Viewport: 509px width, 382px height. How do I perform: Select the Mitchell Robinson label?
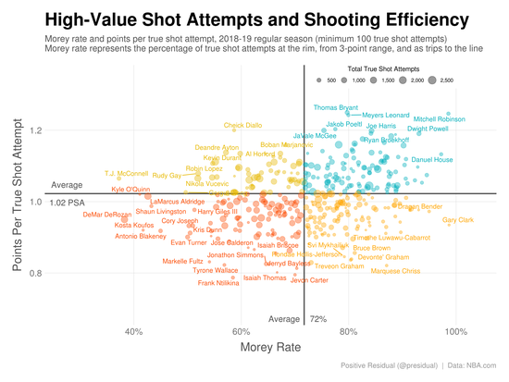(x=439, y=119)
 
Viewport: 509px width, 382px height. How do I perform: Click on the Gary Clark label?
(x=458, y=220)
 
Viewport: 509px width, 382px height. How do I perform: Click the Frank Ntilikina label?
(x=218, y=283)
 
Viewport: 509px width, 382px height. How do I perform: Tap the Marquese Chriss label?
(x=395, y=272)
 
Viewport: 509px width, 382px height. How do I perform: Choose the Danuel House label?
(x=431, y=160)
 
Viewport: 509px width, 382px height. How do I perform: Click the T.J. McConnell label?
(x=126, y=173)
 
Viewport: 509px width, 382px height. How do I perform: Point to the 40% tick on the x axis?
(x=133, y=331)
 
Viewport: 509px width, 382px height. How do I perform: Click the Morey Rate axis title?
(x=268, y=348)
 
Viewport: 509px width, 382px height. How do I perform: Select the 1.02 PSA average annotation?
(x=67, y=203)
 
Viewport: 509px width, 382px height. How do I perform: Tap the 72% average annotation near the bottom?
(x=318, y=319)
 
